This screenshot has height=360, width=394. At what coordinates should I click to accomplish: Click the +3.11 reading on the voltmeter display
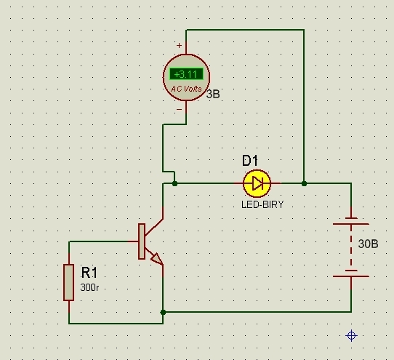(185, 74)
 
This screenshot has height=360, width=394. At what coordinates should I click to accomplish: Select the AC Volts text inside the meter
(186, 89)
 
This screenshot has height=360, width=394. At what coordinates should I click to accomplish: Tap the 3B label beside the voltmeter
(213, 94)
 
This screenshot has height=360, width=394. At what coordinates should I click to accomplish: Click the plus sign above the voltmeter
(179, 46)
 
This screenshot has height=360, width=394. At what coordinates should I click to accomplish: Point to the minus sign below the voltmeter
(179, 109)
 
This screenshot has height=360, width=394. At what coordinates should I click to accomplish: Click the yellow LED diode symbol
(257, 183)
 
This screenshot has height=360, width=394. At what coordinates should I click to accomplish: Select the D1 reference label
(250, 161)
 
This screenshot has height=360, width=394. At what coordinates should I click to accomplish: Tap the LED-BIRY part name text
(262, 204)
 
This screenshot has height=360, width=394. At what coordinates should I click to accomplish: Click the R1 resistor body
(69, 282)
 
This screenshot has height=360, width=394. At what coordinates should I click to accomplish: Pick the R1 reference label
(89, 273)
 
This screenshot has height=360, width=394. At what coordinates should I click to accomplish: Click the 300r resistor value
(89, 287)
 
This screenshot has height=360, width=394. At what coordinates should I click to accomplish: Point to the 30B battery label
(368, 244)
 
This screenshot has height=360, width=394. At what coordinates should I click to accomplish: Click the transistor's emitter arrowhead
(157, 259)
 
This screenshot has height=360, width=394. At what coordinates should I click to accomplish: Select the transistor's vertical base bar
(142, 241)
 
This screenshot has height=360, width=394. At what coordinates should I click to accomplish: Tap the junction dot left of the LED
(175, 184)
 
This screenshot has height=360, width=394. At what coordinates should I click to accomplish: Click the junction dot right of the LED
(304, 183)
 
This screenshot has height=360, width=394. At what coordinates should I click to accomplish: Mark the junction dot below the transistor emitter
(163, 312)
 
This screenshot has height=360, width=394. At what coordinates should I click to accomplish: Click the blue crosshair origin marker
(351, 335)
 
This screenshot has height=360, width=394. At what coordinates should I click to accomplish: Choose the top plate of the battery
(351, 224)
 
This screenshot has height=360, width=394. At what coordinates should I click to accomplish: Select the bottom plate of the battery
(351, 276)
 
